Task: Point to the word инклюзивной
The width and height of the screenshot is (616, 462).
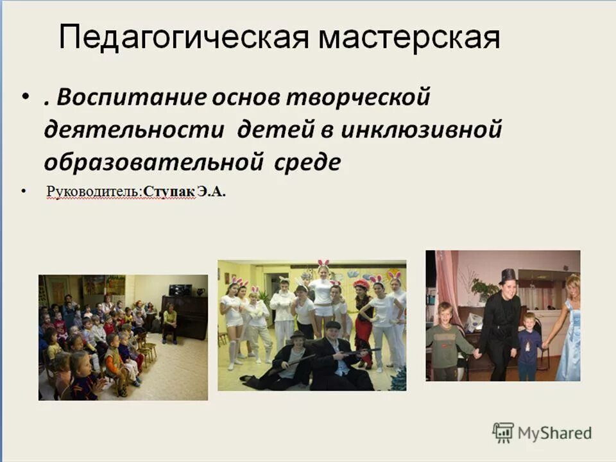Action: tap(421, 130)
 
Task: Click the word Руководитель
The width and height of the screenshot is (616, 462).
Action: tap(93, 192)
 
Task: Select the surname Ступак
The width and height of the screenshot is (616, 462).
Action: tap(169, 192)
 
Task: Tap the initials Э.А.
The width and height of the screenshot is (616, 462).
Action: tap(211, 192)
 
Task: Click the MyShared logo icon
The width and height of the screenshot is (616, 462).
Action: tap(503, 433)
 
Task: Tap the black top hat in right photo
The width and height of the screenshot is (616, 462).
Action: tap(508, 275)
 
